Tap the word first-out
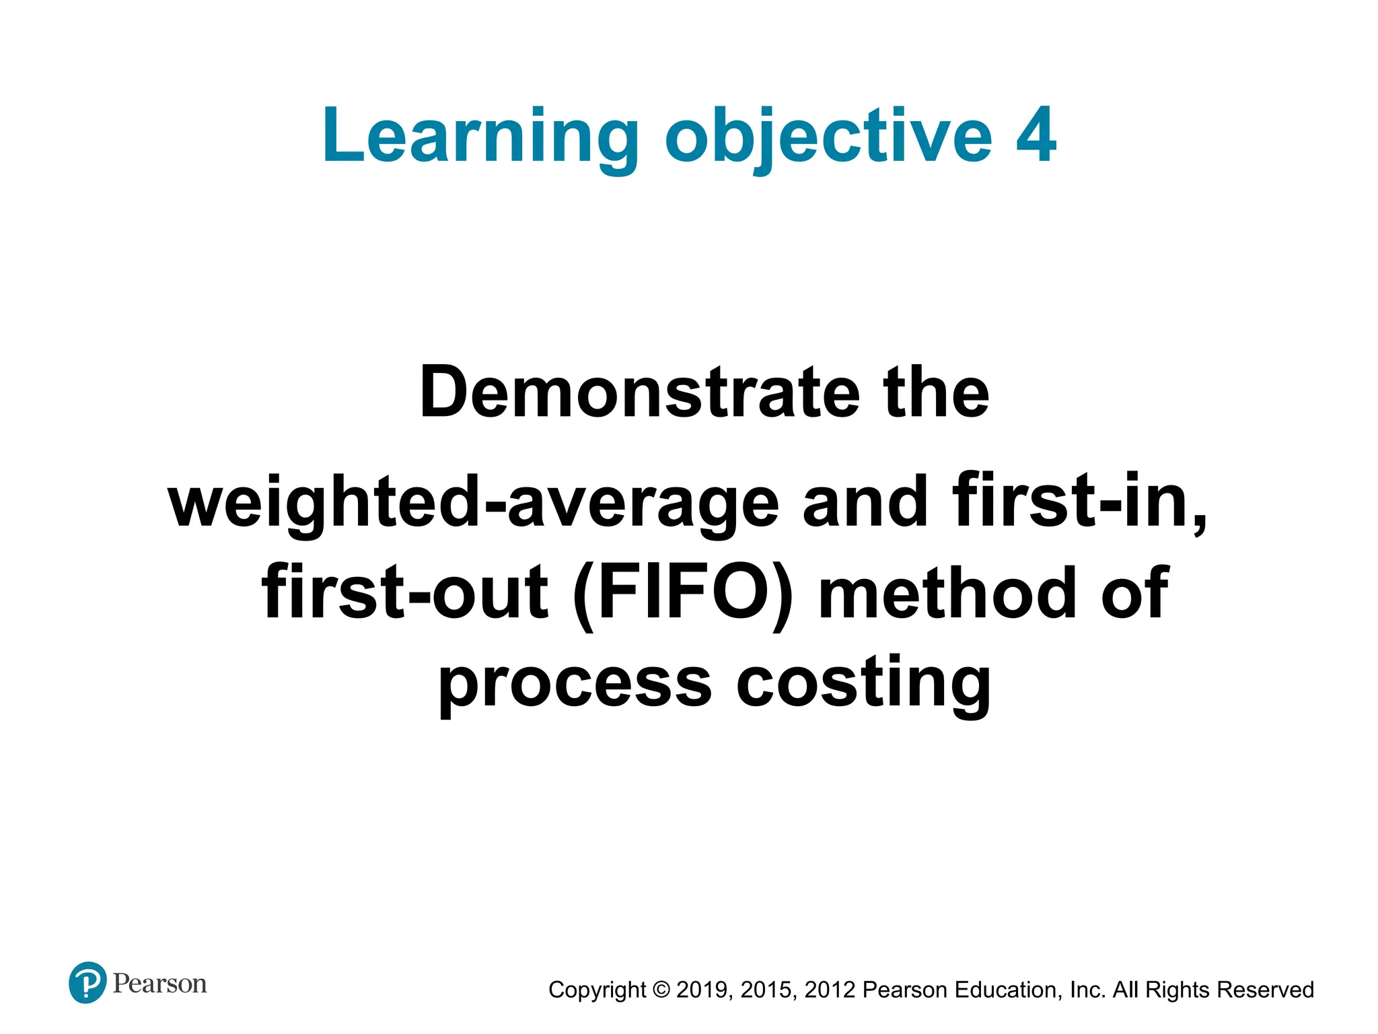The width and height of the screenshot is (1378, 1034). coord(404,592)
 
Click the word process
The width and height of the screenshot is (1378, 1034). coord(575,683)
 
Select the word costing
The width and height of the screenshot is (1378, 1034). coord(864,683)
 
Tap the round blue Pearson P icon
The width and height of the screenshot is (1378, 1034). coord(87,983)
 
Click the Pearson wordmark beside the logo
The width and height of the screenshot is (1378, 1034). coord(160,984)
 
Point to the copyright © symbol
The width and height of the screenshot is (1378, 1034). coord(661,990)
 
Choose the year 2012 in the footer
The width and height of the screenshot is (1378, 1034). coord(830,990)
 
